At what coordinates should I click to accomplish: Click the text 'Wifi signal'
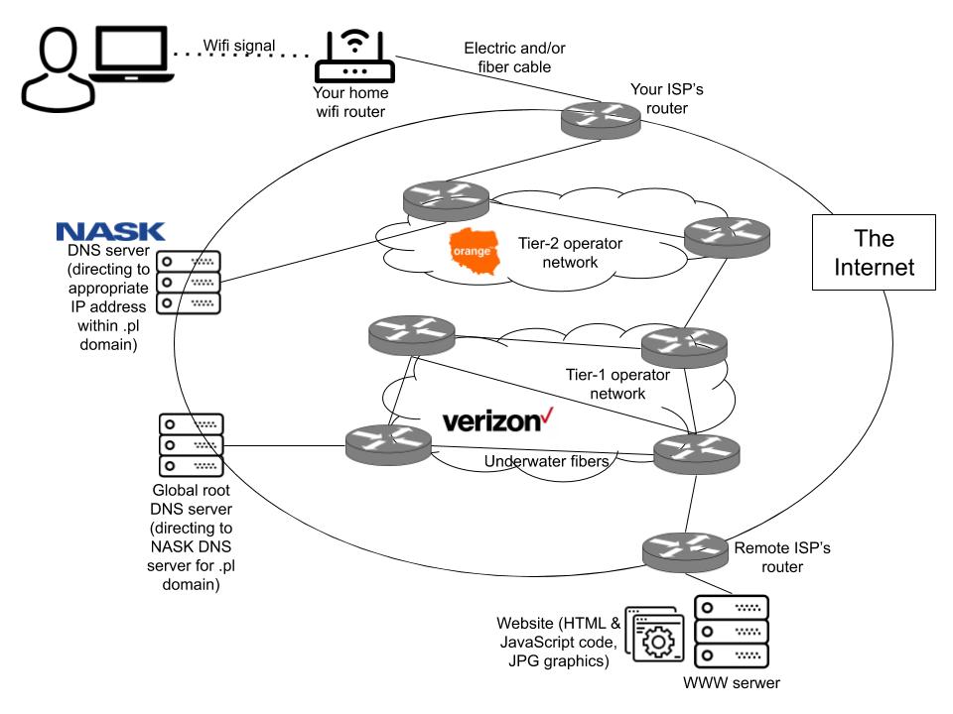coord(239,45)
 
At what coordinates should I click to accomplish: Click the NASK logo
coord(110,232)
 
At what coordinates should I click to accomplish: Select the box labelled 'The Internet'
coord(874,252)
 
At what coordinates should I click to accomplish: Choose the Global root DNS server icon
coord(192,444)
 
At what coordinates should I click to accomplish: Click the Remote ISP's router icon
coord(685,551)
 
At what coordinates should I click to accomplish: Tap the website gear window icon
coord(652,634)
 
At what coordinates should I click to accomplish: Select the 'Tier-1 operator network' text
coord(616,384)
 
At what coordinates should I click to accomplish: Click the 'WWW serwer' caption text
coord(732,683)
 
